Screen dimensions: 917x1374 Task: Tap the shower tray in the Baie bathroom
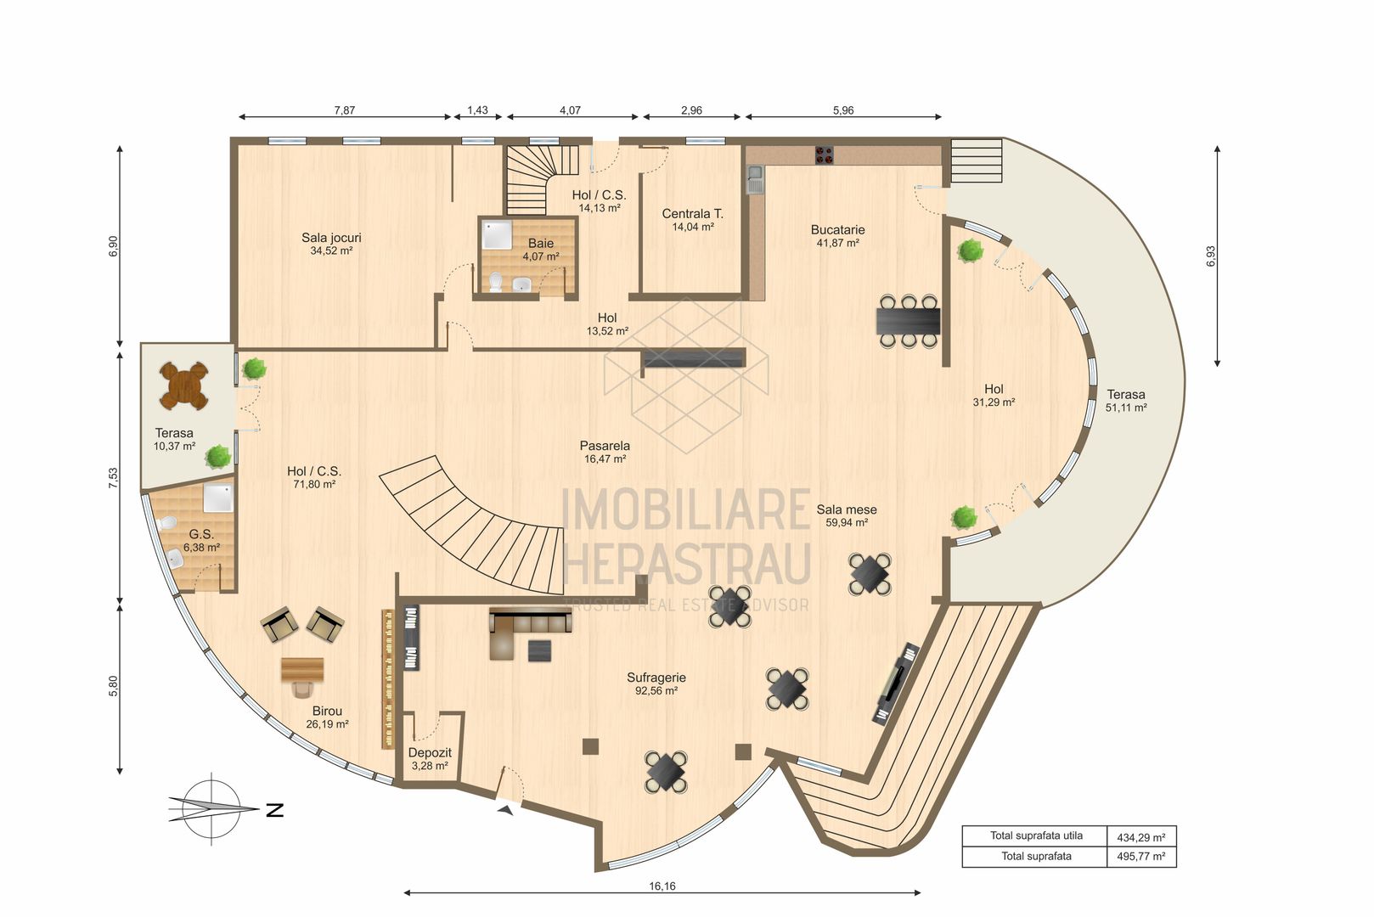pyautogui.click(x=497, y=233)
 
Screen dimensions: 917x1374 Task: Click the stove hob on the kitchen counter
pyautogui.click(x=824, y=155)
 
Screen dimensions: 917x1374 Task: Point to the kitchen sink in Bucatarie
pyautogui.click(x=755, y=177)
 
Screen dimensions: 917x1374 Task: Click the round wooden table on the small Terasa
pyautogui.click(x=183, y=385)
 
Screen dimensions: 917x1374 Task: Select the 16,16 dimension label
pyautogui.click(x=662, y=886)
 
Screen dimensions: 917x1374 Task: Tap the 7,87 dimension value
pyautogui.click(x=344, y=110)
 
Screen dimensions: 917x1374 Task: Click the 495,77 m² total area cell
pyautogui.click(x=1140, y=857)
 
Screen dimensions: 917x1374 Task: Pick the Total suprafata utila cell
pyautogui.click(x=1036, y=835)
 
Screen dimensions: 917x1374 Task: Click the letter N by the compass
pyautogui.click(x=274, y=810)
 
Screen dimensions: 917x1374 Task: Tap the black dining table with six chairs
pyautogui.click(x=908, y=321)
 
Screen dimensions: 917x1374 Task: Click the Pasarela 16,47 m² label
pyautogui.click(x=605, y=452)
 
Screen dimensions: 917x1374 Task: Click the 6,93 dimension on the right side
pyautogui.click(x=1210, y=256)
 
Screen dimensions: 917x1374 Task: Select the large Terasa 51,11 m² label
pyautogui.click(x=1125, y=400)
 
